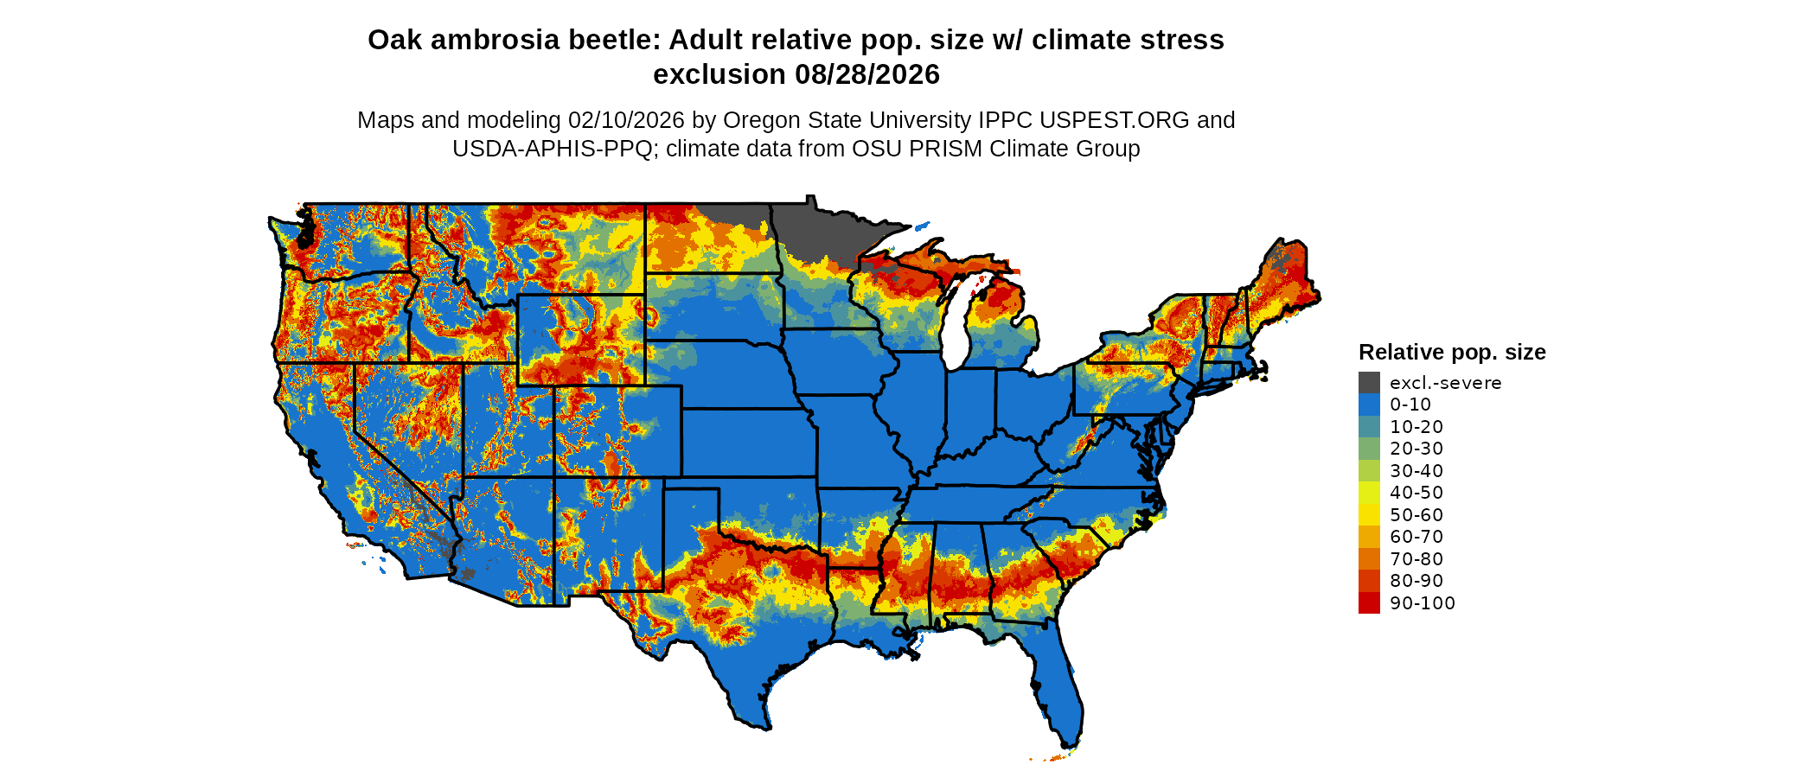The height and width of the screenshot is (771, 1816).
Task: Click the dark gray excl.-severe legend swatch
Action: [x=1369, y=383]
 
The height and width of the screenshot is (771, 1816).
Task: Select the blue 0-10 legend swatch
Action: [x=1369, y=405]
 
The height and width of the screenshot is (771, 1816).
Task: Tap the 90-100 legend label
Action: [x=1422, y=603]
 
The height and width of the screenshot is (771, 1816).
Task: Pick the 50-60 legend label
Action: [x=1416, y=515]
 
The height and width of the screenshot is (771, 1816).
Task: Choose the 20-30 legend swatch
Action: [x=1369, y=449]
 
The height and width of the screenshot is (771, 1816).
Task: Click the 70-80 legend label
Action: [x=1416, y=559]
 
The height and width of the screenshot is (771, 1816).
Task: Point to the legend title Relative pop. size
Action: [x=1451, y=352]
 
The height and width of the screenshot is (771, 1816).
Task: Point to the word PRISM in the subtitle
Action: [x=946, y=149]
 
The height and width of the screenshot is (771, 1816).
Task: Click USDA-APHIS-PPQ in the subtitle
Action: [x=552, y=149]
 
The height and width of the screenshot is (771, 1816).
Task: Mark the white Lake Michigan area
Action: [x=954, y=333]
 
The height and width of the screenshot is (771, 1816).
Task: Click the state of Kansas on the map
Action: [x=748, y=441]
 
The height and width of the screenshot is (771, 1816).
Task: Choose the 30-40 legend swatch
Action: [x=1369, y=471]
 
